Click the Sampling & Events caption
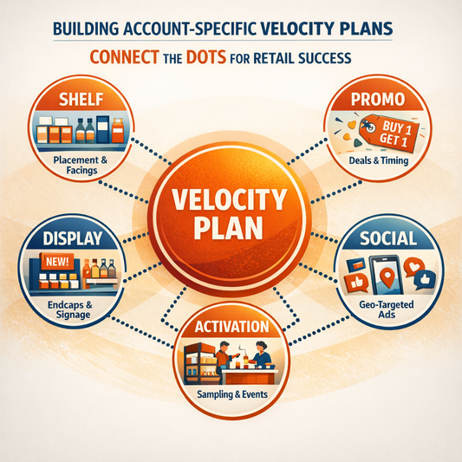(x=230, y=397)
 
